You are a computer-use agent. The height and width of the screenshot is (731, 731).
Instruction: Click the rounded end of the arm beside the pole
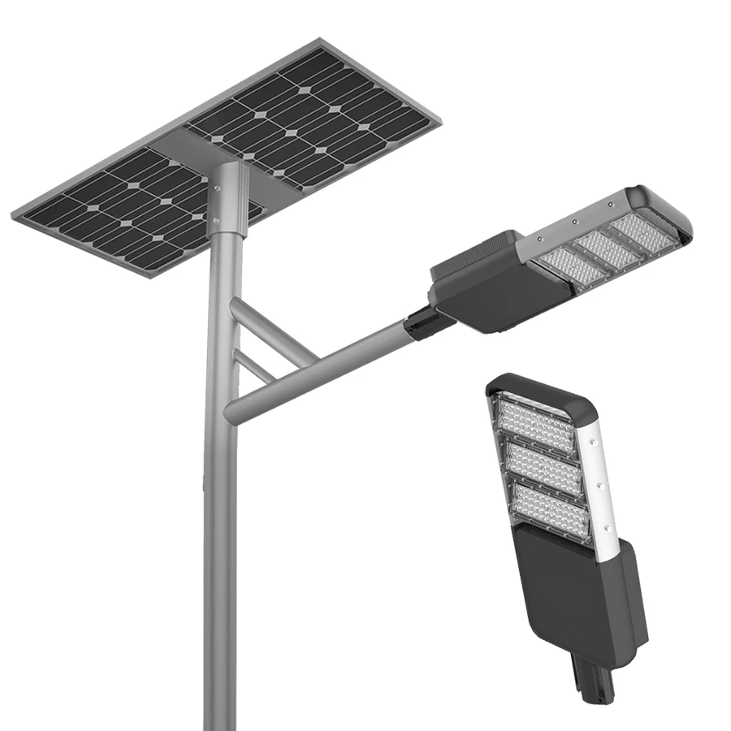click(x=233, y=409)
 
